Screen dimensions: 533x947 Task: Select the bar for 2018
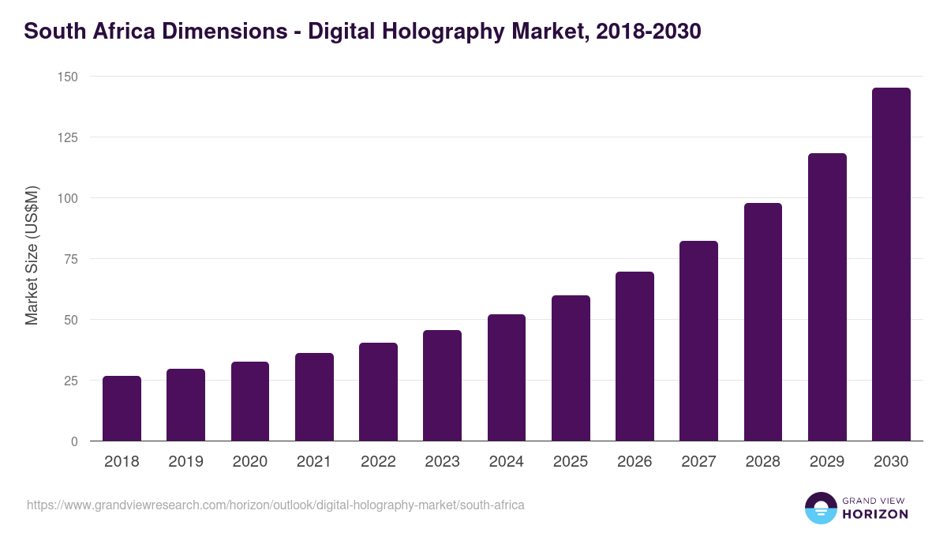(122, 409)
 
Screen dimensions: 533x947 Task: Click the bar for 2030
(891, 265)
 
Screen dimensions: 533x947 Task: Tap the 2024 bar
(507, 377)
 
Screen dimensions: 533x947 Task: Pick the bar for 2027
(698, 341)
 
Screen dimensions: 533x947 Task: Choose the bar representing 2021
(314, 397)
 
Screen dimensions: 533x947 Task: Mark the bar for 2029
(827, 297)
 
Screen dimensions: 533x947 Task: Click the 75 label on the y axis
(70, 259)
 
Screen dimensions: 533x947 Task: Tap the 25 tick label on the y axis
(70, 381)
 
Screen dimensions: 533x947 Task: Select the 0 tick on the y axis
(74, 441)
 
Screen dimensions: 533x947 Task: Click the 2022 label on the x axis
(378, 462)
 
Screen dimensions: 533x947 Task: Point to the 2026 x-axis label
(634, 462)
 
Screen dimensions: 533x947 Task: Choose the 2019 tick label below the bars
(185, 462)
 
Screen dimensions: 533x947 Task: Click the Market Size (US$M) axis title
(32, 255)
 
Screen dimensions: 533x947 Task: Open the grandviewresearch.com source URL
(275, 505)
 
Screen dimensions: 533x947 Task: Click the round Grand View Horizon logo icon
(820, 508)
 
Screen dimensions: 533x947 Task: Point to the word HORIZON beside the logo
(875, 514)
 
